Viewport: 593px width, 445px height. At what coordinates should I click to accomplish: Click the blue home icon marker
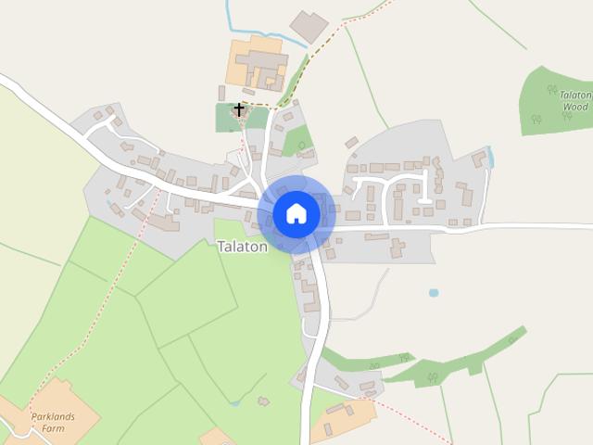point(296,214)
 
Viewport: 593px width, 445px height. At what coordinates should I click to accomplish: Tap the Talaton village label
point(243,247)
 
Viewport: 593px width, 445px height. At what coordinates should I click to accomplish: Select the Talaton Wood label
point(575,101)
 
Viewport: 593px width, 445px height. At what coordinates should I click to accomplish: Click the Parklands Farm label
point(52,423)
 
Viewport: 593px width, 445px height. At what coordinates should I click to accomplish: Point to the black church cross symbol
point(239,110)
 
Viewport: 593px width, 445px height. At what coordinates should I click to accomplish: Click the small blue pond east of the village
point(434,293)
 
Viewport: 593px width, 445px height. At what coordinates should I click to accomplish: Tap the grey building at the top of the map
point(309,26)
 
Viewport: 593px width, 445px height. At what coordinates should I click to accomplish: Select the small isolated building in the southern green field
point(264,401)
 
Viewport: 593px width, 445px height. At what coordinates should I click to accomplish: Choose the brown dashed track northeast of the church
point(324,37)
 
